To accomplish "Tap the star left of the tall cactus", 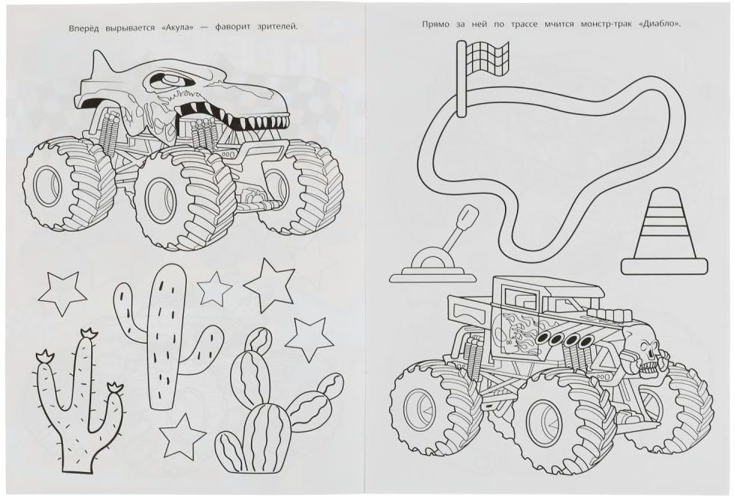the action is coord(62,294).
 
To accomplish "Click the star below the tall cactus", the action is coord(182,436).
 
